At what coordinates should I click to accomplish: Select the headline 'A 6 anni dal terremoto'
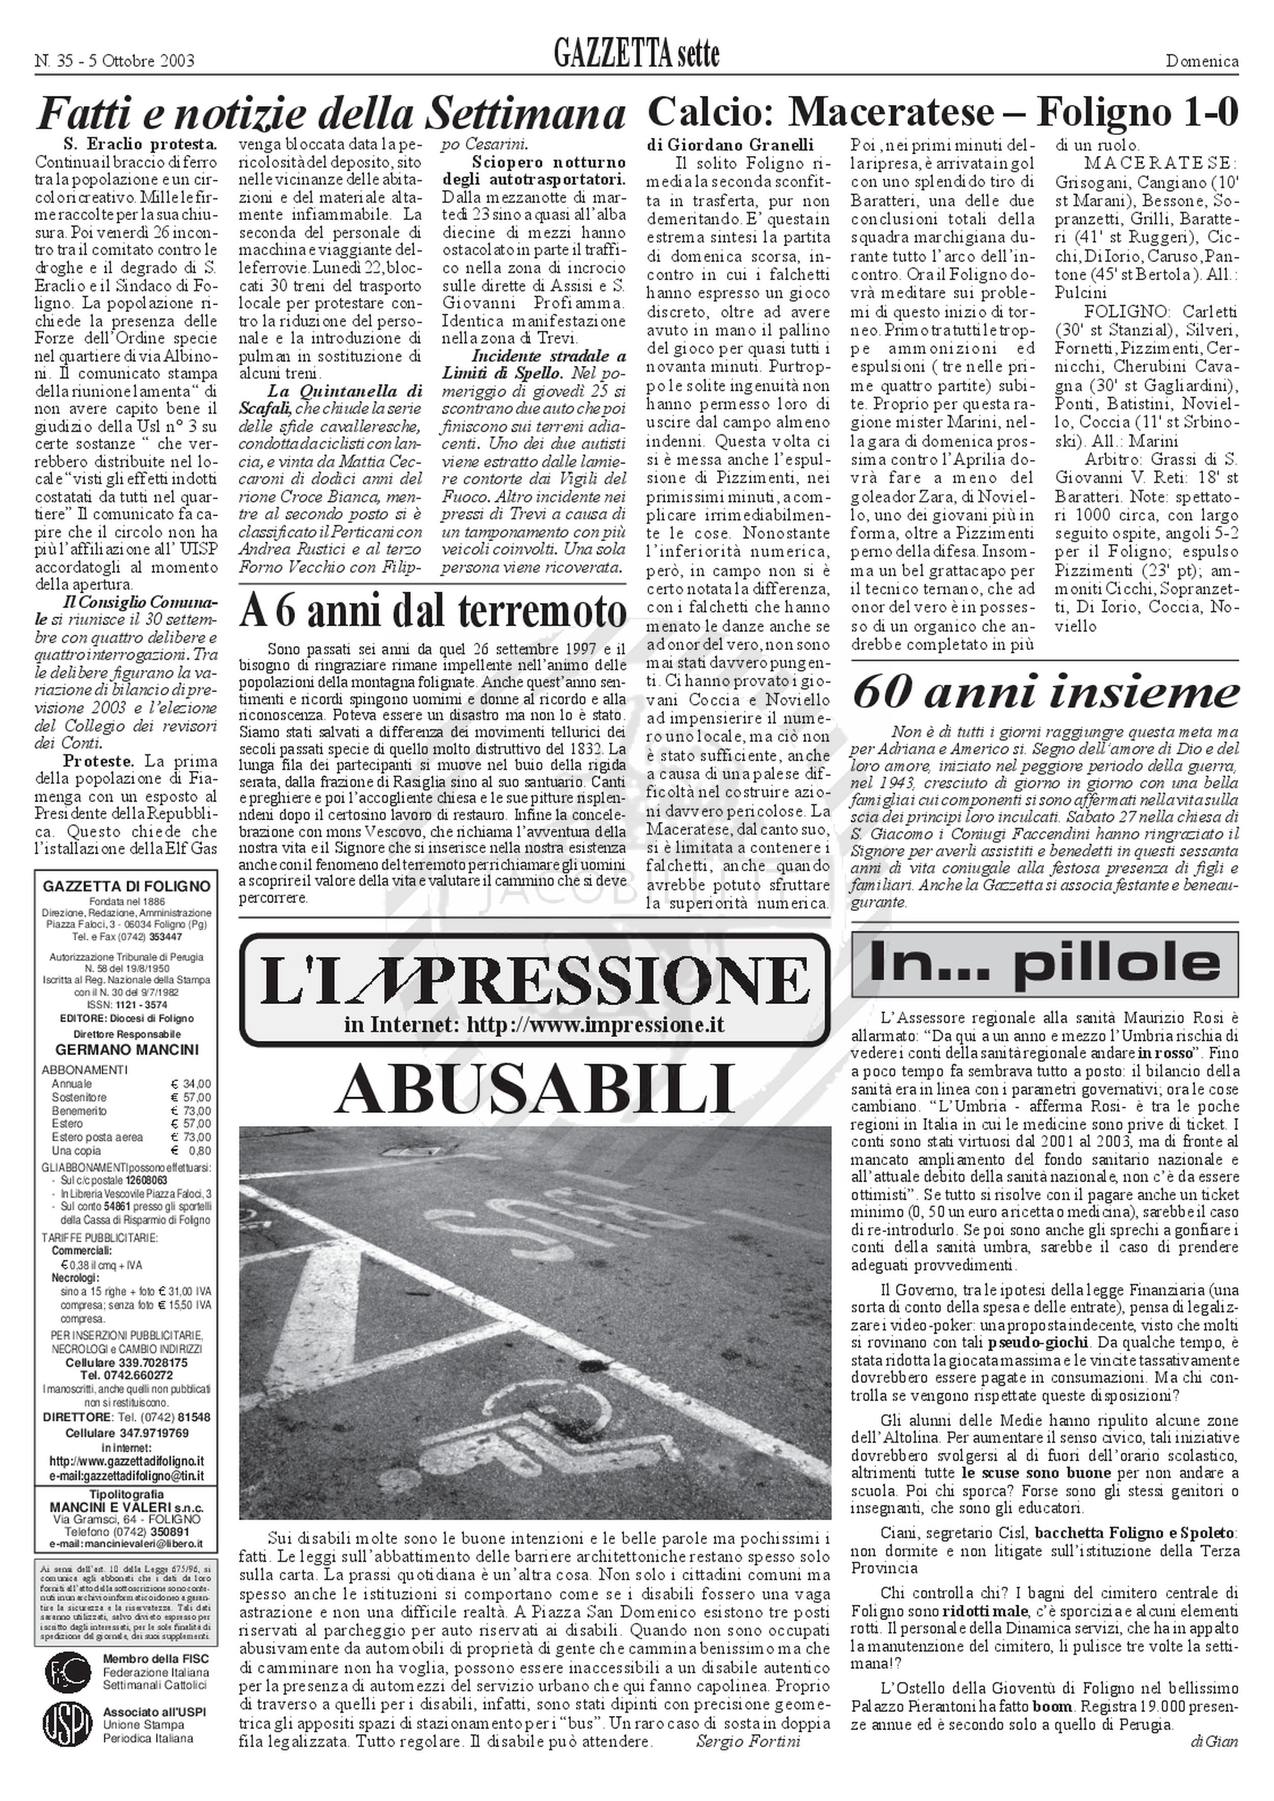(x=433, y=612)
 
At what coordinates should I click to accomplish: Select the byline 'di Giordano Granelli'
(x=730, y=144)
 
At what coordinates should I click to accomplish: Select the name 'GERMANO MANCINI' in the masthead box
(x=126, y=1051)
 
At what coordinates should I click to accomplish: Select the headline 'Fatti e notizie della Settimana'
(x=331, y=115)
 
